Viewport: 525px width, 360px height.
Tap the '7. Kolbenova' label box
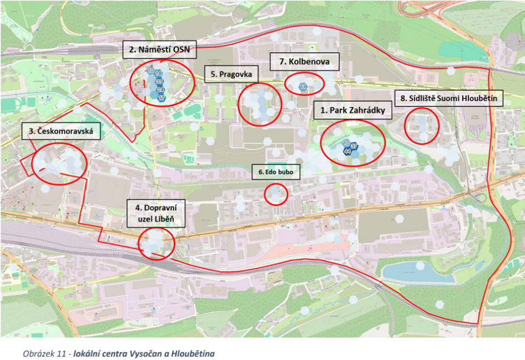coord(304,62)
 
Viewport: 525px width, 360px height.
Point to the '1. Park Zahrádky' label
coord(352,110)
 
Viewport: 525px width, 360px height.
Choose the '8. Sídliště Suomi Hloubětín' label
coord(448,99)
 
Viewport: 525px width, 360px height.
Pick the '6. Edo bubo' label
coord(274,173)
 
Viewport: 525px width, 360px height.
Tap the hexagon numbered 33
coord(159,82)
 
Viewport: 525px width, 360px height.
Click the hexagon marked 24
coord(160,90)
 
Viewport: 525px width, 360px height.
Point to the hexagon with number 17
coord(161,98)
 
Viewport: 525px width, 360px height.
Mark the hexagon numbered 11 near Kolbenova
coord(303,87)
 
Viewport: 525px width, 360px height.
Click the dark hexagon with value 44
coord(347,151)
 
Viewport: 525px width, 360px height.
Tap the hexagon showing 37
coord(354,145)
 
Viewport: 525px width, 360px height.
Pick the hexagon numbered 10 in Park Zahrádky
coord(346,143)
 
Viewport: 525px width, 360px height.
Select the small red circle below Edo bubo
coord(276,194)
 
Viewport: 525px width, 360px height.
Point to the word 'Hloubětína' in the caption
coord(192,353)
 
